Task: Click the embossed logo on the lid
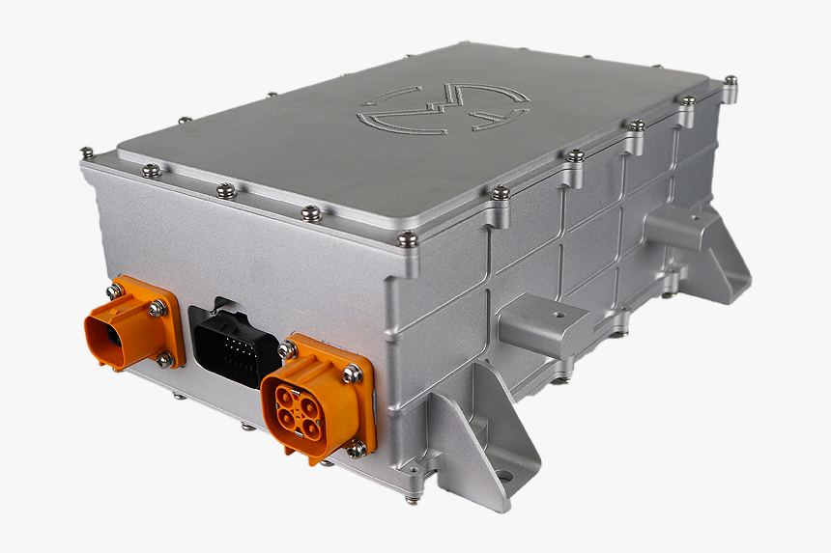444,108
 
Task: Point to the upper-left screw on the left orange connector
115,290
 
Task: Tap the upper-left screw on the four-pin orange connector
287,349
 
